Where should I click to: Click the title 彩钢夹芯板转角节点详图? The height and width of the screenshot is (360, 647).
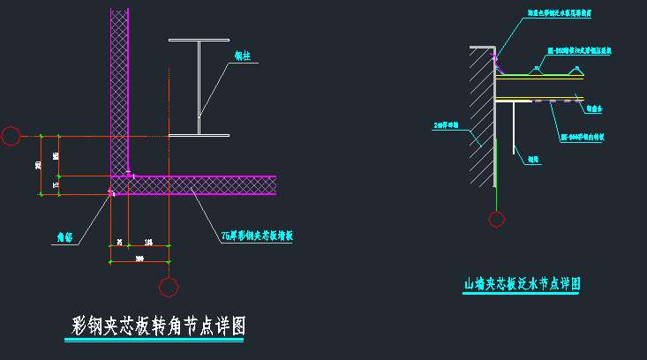click(158, 326)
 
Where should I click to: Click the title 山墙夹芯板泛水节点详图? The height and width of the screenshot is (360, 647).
click(523, 284)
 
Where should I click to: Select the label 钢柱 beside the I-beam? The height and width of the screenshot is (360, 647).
click(242, 56)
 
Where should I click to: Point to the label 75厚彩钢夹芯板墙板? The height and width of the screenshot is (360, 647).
click(259, 236)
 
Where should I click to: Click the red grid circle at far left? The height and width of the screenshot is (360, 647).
click(11, 136)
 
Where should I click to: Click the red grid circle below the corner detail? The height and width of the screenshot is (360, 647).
click(168, 287)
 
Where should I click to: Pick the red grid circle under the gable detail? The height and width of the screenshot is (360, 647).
click(497, 219)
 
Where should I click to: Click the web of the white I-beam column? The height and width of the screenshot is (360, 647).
click(199, 88)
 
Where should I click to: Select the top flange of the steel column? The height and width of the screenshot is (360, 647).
click(199, 41)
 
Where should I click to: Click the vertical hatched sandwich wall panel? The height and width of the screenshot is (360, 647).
click(119, 88)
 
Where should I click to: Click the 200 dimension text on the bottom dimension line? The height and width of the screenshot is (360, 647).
click(139, 258)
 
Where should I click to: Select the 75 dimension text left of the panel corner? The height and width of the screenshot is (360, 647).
click(56, 185)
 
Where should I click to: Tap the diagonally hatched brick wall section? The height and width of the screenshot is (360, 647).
click(481, 115)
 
